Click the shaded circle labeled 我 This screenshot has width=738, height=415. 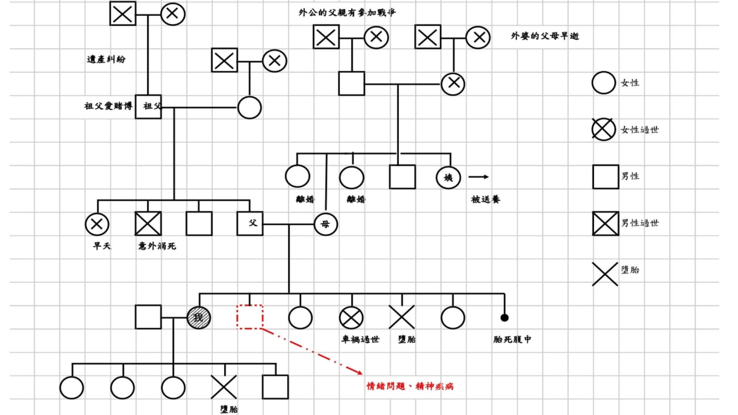199,318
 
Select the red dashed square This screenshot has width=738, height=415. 250,317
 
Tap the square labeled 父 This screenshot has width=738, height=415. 250,224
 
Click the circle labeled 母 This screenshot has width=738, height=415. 326,224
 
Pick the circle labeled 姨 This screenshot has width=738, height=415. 448,178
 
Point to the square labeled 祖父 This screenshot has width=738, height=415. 148,106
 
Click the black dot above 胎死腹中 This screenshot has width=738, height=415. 504,318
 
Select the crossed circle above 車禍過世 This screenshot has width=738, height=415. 351,318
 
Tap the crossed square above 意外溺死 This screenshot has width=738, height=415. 148,224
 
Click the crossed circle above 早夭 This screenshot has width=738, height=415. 97,224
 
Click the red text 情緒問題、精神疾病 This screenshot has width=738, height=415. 410,386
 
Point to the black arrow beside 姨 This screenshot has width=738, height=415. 479,177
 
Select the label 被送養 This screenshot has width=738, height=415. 485,199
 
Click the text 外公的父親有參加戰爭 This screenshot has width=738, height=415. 347,13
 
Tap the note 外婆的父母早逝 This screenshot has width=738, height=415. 545,36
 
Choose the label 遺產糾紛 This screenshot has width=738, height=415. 106,59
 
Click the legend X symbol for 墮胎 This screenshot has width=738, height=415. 605,274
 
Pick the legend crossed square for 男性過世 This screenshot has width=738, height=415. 605,224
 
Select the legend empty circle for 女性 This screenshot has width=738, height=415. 603,83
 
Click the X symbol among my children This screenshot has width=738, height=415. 224,387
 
